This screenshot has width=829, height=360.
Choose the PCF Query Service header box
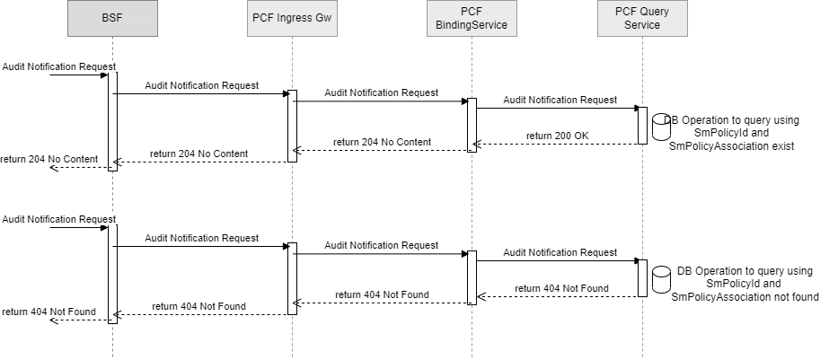coord(642,19)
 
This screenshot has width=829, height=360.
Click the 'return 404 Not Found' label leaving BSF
coord(49,312)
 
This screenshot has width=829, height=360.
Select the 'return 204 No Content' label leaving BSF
coord(49,159)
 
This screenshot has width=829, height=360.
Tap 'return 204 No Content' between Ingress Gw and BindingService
coord(382,142)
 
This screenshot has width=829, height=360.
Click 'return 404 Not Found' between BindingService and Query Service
coord(561,288)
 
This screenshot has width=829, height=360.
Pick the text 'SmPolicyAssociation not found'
coord(745,296)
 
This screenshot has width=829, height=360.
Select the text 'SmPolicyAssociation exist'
coord(732,145)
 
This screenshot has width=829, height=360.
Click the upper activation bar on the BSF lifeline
coord(112,120)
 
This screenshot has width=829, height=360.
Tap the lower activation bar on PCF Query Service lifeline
coord(642,278)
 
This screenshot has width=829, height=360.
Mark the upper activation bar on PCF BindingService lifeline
coord(472,123)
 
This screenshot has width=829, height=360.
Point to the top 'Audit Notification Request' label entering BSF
coord(58,66)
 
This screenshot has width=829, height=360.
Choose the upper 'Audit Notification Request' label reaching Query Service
coord(560,100)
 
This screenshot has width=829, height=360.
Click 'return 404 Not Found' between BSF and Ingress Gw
coord(198,306)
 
